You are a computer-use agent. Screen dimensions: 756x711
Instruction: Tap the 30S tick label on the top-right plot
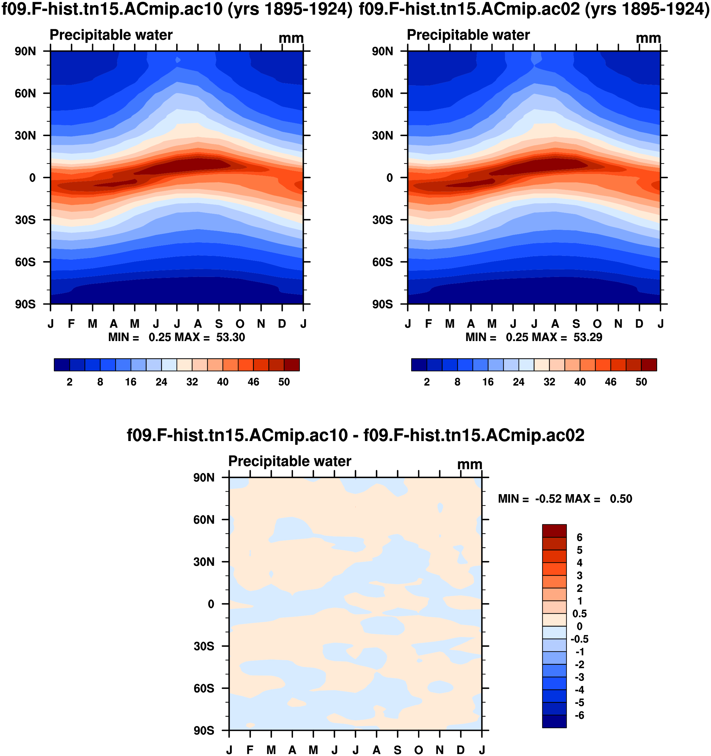pyautogui.click(x=382, y=220)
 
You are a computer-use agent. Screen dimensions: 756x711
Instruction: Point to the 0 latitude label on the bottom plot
pyautogui.click(x=211, y=604)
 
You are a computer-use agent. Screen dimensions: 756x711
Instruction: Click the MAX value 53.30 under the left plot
pyautogui.click(x=231, y=337)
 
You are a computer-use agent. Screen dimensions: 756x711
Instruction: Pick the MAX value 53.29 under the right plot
pyautogui.click(x=588, y=337)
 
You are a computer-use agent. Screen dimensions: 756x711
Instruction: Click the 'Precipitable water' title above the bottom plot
pyautogui.click(x=290, y=461)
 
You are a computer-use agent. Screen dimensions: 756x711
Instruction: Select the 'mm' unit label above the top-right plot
pyautogui.click(x=648, y=38)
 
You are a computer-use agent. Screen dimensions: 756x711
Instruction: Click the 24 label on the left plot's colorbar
pyautogui.click(x=161, y=382)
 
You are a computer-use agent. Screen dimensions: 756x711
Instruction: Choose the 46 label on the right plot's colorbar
pyautogui.click(x=611, y=382)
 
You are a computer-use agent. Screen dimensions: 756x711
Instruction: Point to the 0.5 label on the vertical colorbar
pyautogui.click(x=579, y=614)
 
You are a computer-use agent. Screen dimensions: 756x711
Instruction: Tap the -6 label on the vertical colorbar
pyautogui.click(x=579, y=715)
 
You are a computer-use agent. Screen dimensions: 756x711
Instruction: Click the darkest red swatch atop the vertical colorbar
pyautogui.click(x=554, y=531)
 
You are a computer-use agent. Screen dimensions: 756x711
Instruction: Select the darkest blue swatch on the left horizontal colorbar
pyautogui.click(x=62, y=365)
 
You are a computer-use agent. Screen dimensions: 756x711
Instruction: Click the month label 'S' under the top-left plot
pyautogui.click(x=219, y=324)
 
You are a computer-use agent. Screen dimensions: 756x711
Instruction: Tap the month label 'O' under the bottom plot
pyautogui.click(x=419, y=750)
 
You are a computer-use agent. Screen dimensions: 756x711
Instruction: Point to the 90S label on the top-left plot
pyautogui.click(x=25, y=305)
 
